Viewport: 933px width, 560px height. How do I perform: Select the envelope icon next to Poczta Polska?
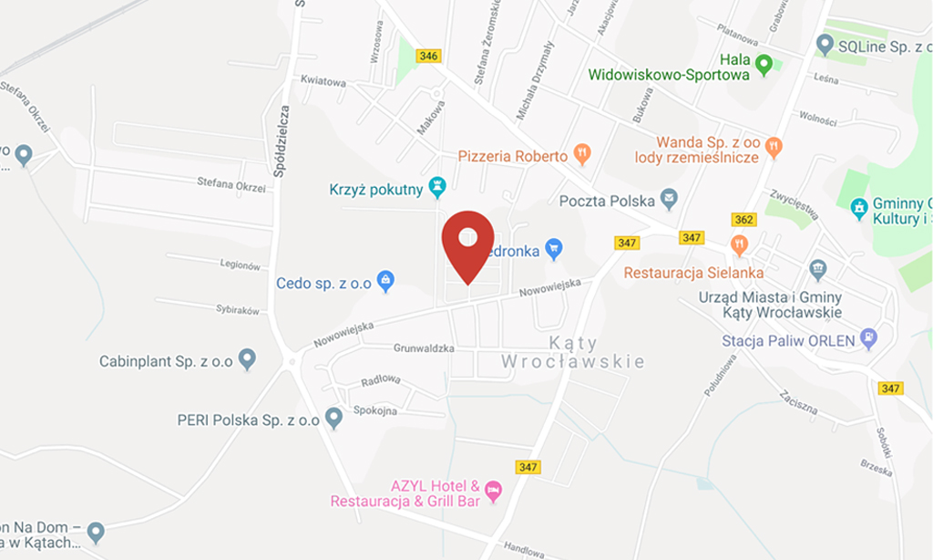tap(670, 199)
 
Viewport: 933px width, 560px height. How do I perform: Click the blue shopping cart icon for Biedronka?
tap(553, 247)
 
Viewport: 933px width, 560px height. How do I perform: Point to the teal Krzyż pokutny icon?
tap(438, 188)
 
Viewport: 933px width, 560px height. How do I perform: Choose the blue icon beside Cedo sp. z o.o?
tap(385, 279)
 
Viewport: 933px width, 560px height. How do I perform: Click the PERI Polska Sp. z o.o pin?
tap(333, 418)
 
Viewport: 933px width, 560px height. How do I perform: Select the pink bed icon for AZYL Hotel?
tap(493, 490)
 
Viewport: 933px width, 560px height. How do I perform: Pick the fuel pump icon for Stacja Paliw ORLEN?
tap(869, 338)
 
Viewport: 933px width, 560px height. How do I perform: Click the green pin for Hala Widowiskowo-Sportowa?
tap(764, 63)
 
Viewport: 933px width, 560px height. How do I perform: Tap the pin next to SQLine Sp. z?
tap(825, 43)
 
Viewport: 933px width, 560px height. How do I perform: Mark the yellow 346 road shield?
tap(428, 57)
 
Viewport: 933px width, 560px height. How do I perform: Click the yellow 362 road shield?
tap(743, 220)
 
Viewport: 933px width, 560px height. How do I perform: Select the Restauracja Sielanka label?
tap(693, 273)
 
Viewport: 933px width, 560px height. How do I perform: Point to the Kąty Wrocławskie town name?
tap(573, 353)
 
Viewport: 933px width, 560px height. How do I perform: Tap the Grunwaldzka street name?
tap(424, 348)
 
